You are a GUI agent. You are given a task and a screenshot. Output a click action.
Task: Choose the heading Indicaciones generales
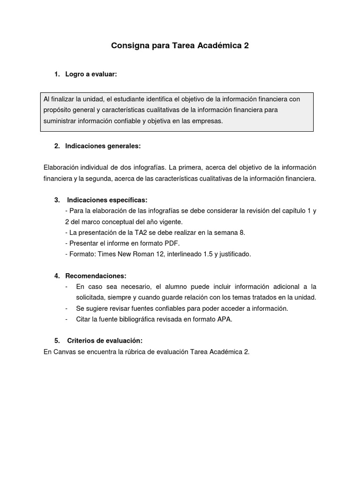pos(103,146)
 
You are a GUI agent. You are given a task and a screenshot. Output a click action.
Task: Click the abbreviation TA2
pos(137,232)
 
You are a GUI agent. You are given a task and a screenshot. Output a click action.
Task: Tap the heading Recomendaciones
pos(96,275)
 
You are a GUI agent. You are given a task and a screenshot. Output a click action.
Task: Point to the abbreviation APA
pos(225,319)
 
